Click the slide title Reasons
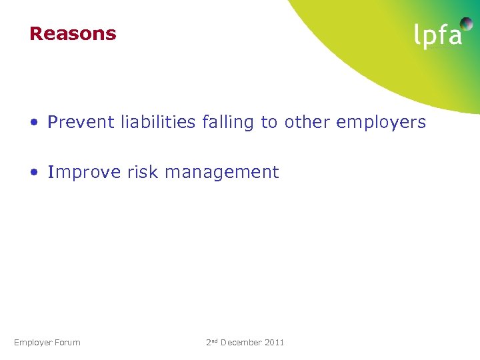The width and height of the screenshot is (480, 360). point(73,33)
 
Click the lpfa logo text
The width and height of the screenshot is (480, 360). point(437,35)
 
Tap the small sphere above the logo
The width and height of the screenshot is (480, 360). point(467,24)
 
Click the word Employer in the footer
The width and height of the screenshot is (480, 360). point(33,343)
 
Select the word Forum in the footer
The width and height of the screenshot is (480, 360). point(67,343)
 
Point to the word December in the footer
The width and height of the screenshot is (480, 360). point(241,343)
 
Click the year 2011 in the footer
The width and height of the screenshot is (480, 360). point(275,343)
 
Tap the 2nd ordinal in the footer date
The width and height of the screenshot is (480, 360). point(212,342)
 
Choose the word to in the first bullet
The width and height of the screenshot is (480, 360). point(269,123)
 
